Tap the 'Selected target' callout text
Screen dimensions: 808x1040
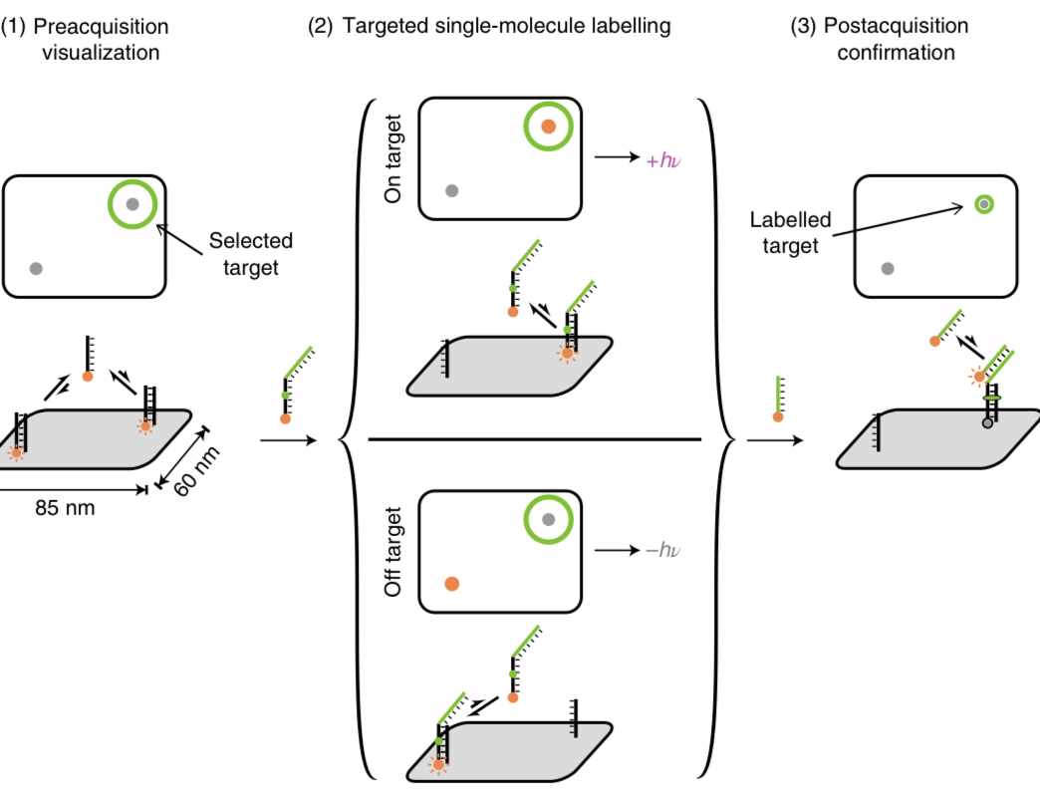(251, 252)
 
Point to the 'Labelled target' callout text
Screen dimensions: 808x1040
(790, 232)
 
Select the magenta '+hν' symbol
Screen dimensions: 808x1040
(664, 157)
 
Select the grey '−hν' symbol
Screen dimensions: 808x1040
(666, 550)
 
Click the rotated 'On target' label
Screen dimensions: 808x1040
(393, 158)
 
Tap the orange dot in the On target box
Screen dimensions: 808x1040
(548, 127)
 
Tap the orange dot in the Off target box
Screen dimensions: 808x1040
(451, 584)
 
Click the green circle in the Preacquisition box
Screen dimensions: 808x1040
(132, 204)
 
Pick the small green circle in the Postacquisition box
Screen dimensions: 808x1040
(983, 204)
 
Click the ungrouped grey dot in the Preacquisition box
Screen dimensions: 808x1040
(37, 268)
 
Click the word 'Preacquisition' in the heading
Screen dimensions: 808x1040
(101, 26)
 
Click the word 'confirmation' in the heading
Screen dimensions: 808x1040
(896, 52)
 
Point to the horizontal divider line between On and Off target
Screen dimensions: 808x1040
(535, 438)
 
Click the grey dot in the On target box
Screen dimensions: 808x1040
(452, 190)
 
